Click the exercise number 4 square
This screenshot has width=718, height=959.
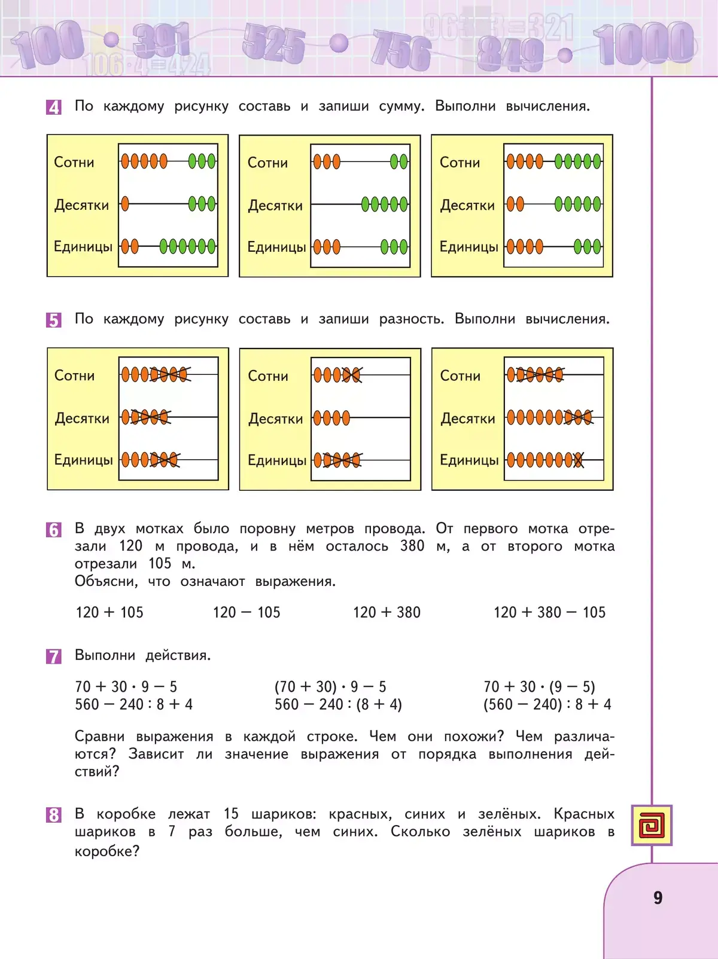click(x=54, y=108)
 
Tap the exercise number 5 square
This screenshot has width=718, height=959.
click(x=54, y=320)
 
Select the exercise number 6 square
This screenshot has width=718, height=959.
click(x=54, y=530)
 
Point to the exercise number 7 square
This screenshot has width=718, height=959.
click(x=54, y=656)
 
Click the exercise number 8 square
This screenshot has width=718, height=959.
click(x=54, y=815)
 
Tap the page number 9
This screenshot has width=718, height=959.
click(x=658, y=897)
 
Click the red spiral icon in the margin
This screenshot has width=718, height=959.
click(x=652, y=825)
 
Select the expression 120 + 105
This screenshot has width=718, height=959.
click(x=109, y=612)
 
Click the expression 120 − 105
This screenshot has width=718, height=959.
click(x=247, y=612)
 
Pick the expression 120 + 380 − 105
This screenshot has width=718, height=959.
click(x=549, y=612)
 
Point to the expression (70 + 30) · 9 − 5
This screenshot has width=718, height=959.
click(x=330, y=686)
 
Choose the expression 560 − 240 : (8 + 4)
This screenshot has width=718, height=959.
click(x=338, y=704)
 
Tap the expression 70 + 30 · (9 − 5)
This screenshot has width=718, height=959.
click(x=539, y=686)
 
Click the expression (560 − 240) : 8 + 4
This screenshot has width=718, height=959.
click(x=547, y=704)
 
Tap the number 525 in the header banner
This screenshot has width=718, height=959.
click(x=273, y=43)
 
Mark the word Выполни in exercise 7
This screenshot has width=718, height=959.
click(x=105, y=655)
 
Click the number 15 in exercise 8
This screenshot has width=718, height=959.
click(x=231, y=814)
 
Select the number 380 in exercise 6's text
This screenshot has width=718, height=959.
click(x=412, y=546)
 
